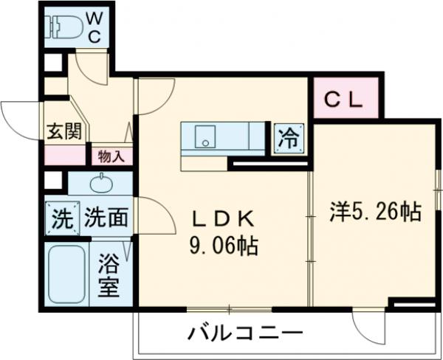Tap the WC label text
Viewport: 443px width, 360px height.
(94, 25)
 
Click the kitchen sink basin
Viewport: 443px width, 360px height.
(203, 136)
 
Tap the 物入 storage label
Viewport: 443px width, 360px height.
(111, 156)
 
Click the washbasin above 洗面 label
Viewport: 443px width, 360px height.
(100, 183)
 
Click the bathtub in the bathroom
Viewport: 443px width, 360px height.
(67, 273)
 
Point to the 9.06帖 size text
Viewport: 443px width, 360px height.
(224, 246)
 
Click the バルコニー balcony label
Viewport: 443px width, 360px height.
(244, 331)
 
